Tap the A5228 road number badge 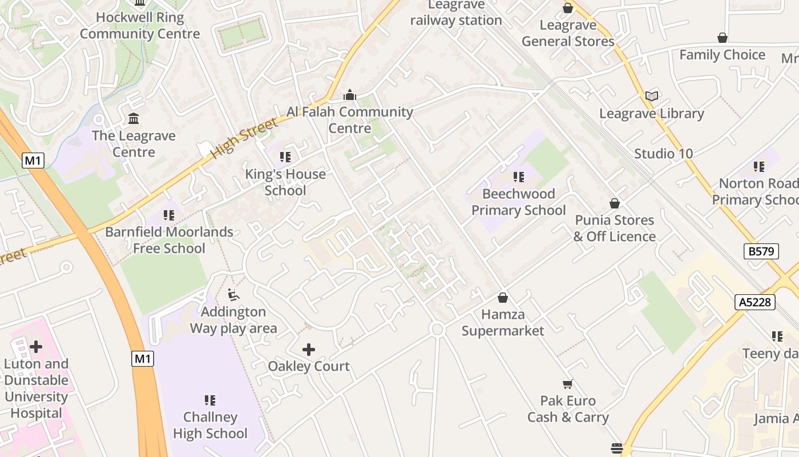(x=754, y=302)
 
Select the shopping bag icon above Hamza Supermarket (x=503, y=298)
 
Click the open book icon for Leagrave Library (x=652, y=96)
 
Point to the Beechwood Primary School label (x=518, y=202)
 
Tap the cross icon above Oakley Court (x=309, y=349)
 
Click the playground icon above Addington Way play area (x=233, y=295)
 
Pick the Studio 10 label (x=664, y=154)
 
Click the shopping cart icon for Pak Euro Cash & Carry (x=567, y=384)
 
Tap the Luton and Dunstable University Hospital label (x=36, y=388)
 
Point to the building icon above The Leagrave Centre (x=134, y=119)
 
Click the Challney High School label (x=210, y=426)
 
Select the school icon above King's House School (x=285, y=157)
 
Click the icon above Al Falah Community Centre (x=350, y=95)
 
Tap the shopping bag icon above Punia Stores (x=615, y=203)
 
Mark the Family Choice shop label (x=722, y=55)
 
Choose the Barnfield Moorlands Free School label (x=169, y=240)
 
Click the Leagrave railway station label (x=456, y=13)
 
